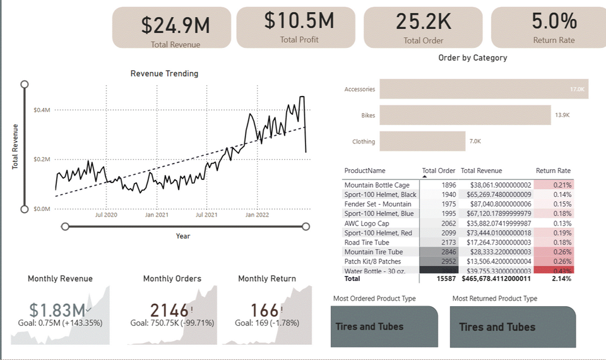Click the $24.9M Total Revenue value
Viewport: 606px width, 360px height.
point(175,25)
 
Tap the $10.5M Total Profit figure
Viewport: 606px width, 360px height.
point(299,21)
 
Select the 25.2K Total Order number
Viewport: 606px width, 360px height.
point(424,21)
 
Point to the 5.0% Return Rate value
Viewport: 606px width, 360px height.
point(554,21)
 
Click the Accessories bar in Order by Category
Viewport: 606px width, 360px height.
point(484,89)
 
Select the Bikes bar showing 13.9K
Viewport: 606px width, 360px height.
point(465,115)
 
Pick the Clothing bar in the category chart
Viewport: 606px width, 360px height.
point(422,141)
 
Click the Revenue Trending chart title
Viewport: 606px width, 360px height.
point(164,73)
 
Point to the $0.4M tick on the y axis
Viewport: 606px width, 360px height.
point(42,110)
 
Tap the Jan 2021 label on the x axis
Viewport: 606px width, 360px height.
point(157,215)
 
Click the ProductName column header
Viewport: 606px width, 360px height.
point(365,171)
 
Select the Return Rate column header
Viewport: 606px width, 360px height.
point(553,171)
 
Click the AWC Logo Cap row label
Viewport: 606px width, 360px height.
point(367,223)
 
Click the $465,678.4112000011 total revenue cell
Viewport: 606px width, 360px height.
point(497,278)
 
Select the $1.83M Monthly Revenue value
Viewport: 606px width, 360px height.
point(57,310)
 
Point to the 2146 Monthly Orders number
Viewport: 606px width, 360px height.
point(169,310)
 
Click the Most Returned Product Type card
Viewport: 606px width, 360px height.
point(513,327)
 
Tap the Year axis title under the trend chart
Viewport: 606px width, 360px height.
point(183,236)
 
